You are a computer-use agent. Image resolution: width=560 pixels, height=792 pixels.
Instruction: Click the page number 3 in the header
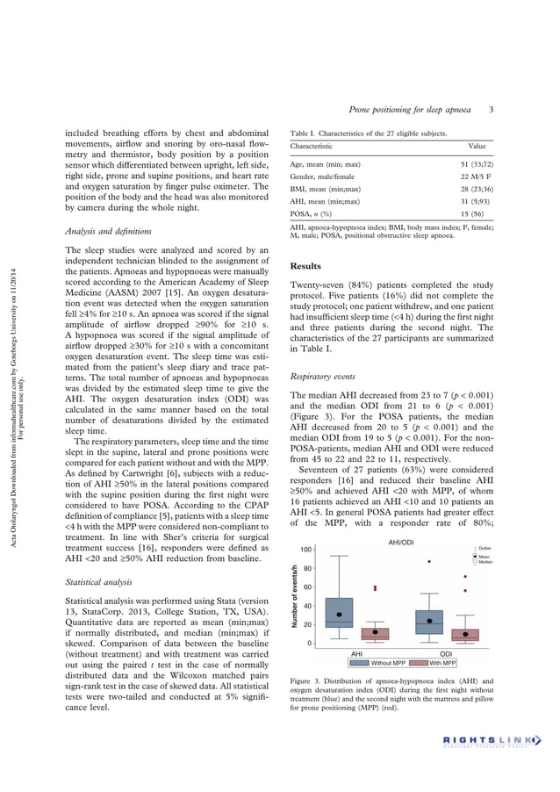click(492, 110)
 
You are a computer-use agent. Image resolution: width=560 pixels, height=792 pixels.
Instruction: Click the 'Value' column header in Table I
click(477, 147)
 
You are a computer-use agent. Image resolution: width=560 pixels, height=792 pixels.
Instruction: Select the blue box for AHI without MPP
click(339, 612)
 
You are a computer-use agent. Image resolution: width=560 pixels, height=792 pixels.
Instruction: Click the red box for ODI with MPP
click(465, 634)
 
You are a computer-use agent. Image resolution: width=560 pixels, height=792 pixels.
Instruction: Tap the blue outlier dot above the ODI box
click(429, 561)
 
